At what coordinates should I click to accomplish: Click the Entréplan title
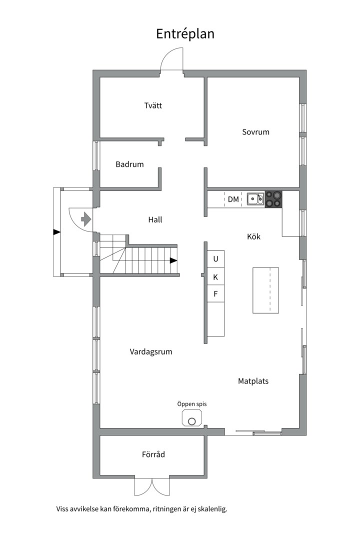185,33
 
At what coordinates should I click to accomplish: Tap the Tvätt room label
153,105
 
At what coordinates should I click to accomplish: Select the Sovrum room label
255,132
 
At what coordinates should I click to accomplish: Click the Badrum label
129,164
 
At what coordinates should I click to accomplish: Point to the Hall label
155,219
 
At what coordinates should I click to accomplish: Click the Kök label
253,236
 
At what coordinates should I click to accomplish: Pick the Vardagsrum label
151,351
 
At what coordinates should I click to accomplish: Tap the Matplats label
253,381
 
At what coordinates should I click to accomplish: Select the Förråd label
153,454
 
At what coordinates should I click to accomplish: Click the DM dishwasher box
233,199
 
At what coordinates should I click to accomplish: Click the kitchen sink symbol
255,199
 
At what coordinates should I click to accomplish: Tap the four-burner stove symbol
273,199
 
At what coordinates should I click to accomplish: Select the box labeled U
215,259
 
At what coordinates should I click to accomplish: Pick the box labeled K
215,277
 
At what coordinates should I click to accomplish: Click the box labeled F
215,294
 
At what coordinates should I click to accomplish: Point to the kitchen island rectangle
265,290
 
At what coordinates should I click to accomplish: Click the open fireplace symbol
192,417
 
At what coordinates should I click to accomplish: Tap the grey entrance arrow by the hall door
86,219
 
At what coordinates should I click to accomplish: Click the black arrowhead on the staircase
173,260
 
